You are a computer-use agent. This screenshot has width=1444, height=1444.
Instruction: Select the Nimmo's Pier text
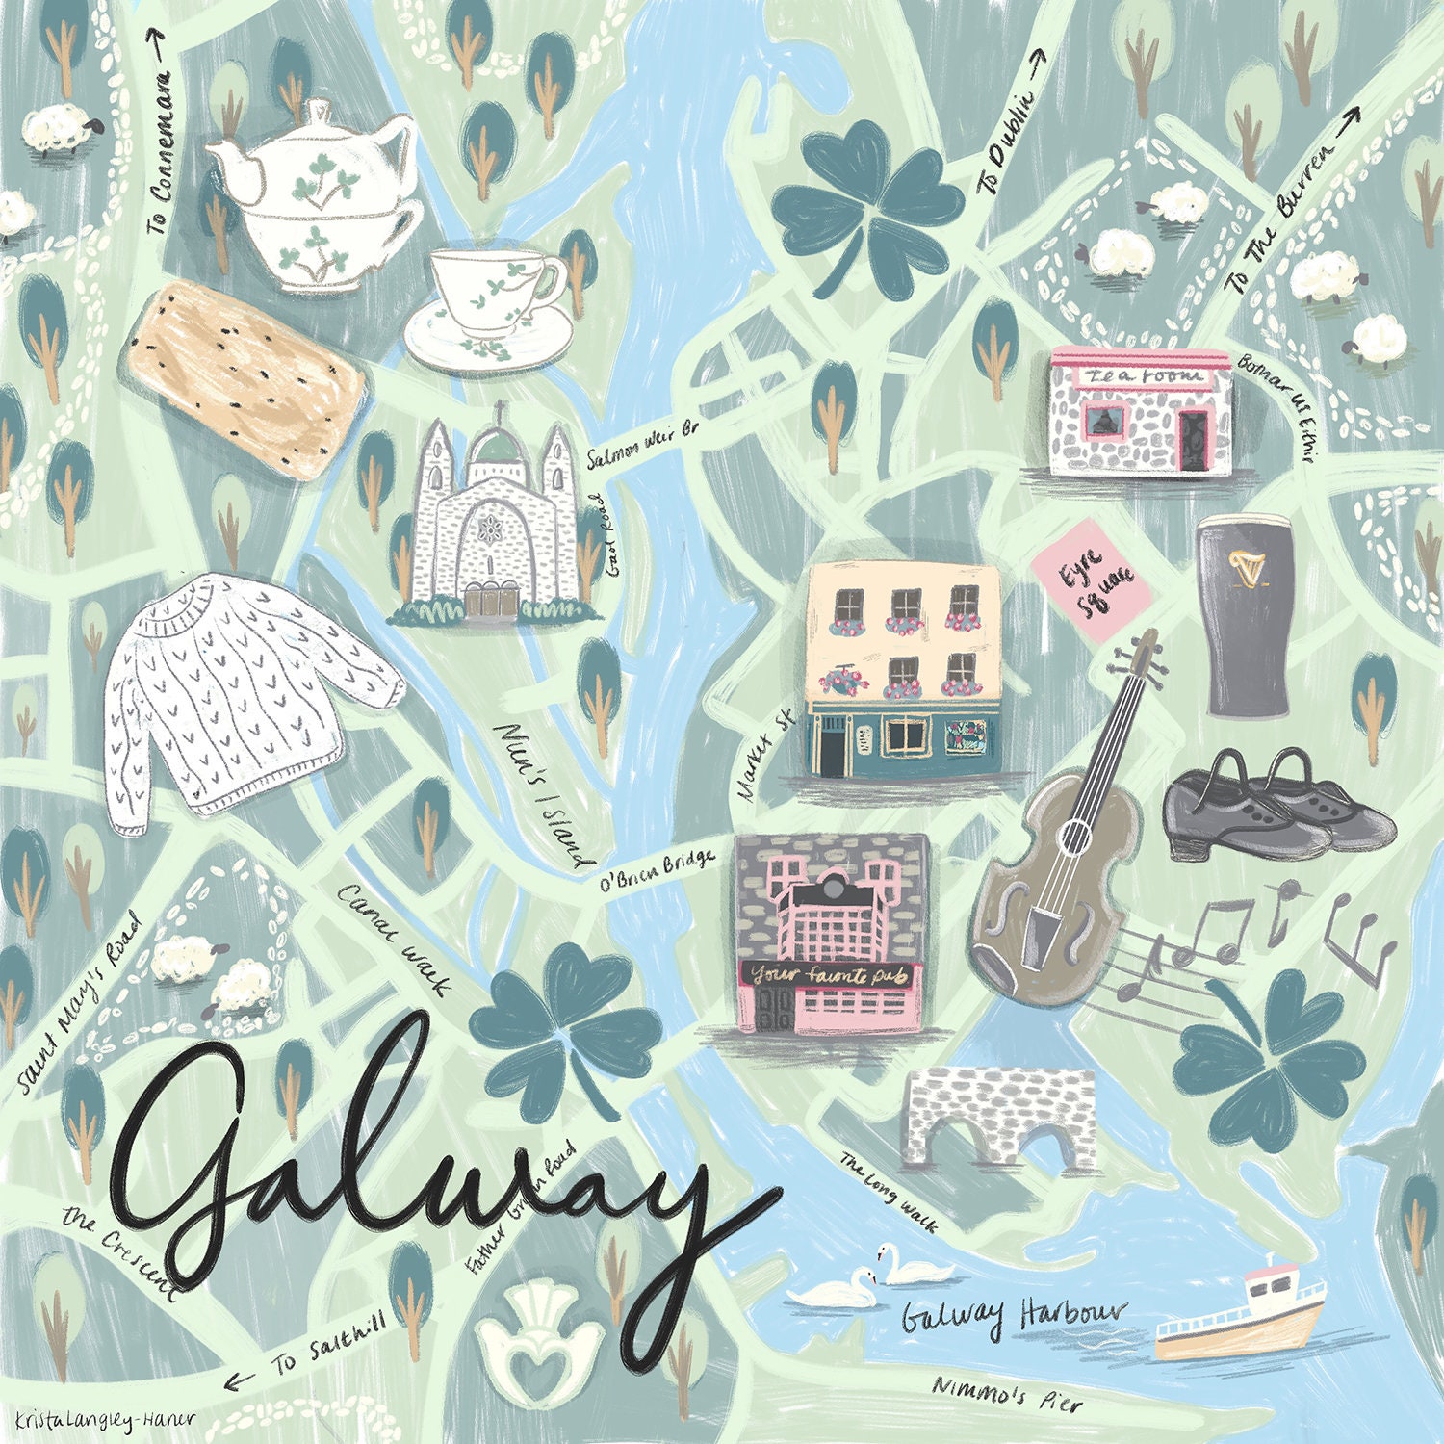(x=1007, y=1396)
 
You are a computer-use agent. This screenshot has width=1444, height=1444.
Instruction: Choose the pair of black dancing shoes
(x=1276, y=809)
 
